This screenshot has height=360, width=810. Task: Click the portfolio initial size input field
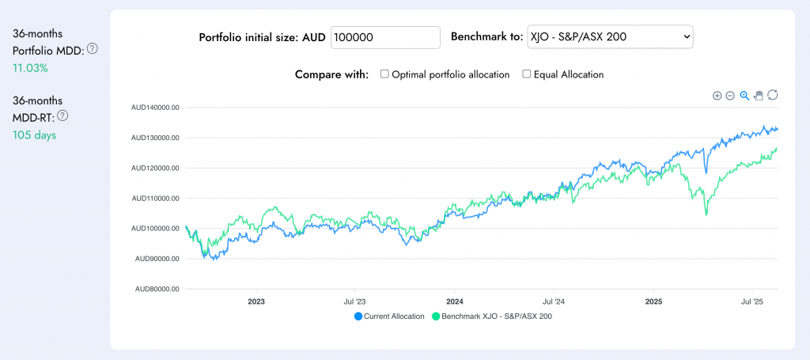pyautogui.click(x=385, y=37)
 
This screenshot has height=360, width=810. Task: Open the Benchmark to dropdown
pyautogui.click(x=609, y=37)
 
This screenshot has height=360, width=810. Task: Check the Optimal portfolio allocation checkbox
pyautogui.click(x=384, y=74)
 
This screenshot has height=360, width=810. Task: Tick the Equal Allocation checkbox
pyautogui.click(x=527, y=74)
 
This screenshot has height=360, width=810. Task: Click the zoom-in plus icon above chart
pyautogui.click(x=717, y=96)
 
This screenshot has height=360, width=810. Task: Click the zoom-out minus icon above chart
pyautogui.click(x=730, y=96)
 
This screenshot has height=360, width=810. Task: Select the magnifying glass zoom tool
pyautogui.click(x=744, y=96)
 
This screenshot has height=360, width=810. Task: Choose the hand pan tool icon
pyautogui.click(x=759, y=96)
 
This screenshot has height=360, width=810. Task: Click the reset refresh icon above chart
pyautogui.click(x=773, y=96)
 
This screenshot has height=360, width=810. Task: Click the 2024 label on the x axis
pyautogui.click(x=454, y=301)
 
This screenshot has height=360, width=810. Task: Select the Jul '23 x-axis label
pyautogui.click(x=354, y=301)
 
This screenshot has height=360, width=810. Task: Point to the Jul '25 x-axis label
pyautogui.click(x=751, y=301)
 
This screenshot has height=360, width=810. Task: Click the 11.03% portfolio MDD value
pyautogui.click(x=30, y=68)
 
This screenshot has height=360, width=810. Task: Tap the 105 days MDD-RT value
pyautogui.click(x=34, y=135)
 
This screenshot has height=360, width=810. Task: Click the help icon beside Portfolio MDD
pyautogui.click(x=93, y=49)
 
